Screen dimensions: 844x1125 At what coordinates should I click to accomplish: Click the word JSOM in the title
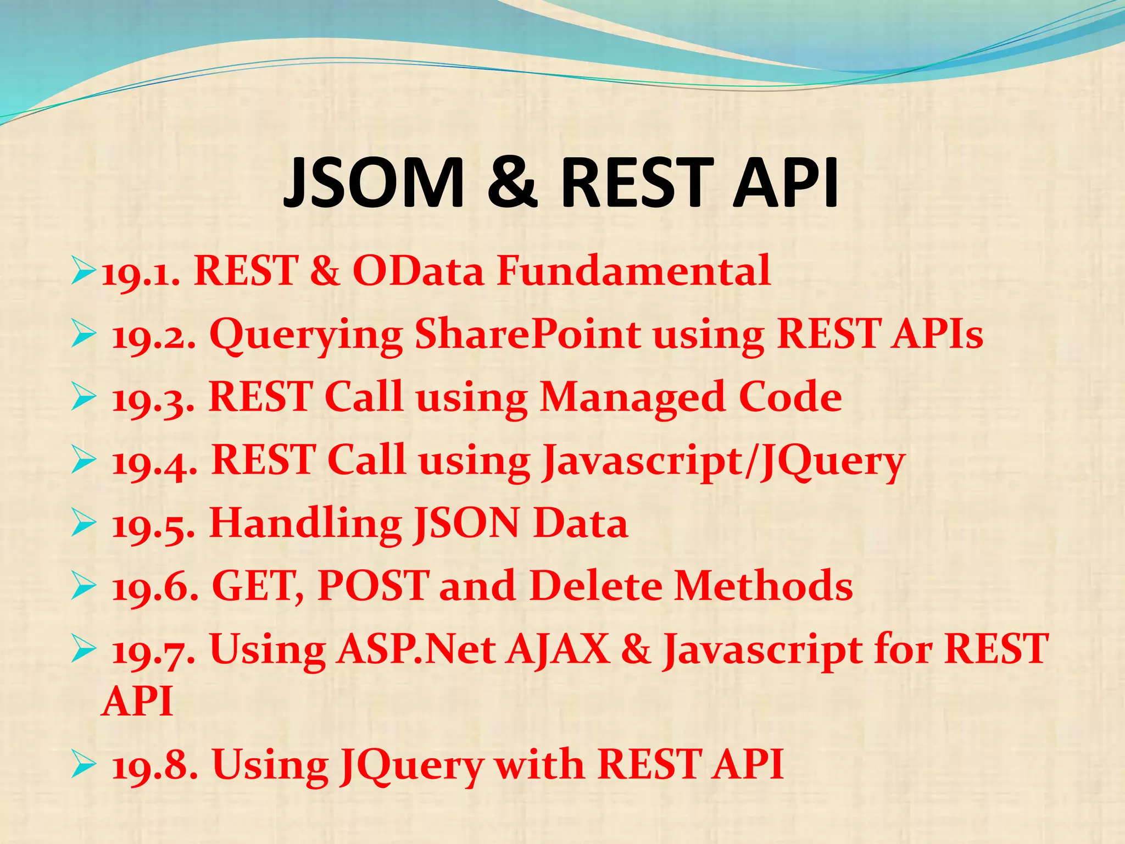pyautogui.click(x=374, y=182)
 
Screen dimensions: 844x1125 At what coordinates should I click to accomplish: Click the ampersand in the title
pyautogui.click(x=511, y=182)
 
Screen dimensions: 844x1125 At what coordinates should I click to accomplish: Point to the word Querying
pyautogui.click(x=306, y=335)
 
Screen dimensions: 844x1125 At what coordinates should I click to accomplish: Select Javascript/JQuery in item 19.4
pyautogui.click(x=723, y=460)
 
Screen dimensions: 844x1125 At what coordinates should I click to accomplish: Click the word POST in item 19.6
pyautogui.click(x=374, y=586)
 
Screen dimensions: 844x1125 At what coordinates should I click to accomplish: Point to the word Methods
pyautogui.click(x=764, y=586)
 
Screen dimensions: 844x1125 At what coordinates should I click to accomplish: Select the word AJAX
pyautogui.click(x=558, y=649)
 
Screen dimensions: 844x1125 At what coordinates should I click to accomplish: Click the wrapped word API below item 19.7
pyautogui.click(x=138, y=702)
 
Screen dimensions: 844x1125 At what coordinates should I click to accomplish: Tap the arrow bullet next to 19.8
pyautogui.click(x=83, y=765)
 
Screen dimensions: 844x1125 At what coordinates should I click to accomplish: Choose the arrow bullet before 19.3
pyautogui.click(x=83, y=398)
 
